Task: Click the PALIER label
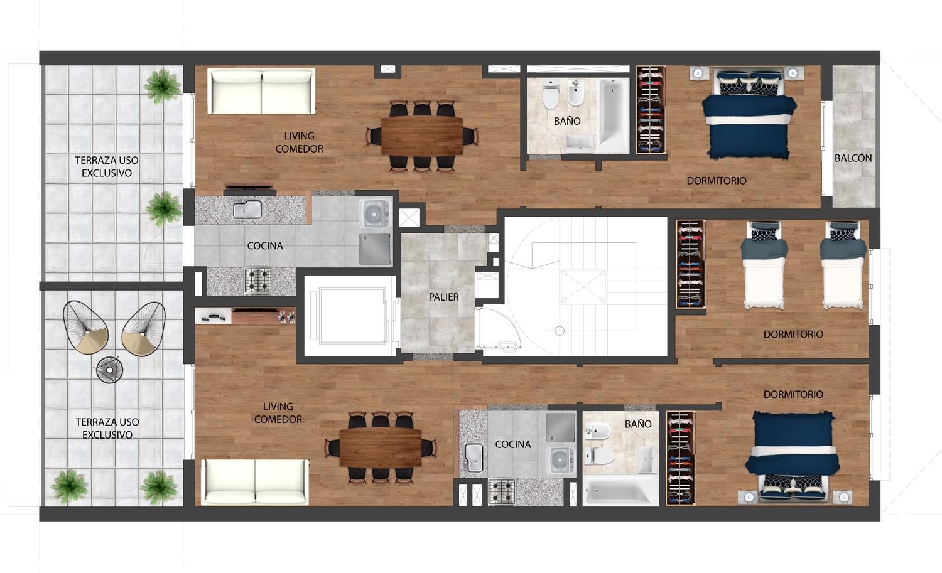click(443, 297)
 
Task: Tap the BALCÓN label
click(853, 158)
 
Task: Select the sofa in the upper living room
click(262, 91)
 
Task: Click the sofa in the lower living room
click(255, 482)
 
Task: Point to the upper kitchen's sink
click(247, 210)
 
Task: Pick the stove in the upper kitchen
click(257, 281)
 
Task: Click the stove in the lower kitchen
click(502, 492)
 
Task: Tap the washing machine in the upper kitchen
click(375, 213)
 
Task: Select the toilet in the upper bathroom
click(551, 95)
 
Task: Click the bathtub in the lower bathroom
click(620, 491)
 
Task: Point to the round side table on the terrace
click(109, 370)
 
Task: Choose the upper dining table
click(422, 136)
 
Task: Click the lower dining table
click(381, 448)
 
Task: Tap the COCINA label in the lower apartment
click(513, 444)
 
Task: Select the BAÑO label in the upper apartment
click(567, 121)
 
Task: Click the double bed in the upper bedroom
click(748, 114)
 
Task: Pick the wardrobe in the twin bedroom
click(691, 264)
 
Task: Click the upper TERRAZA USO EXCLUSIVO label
click(107, 166)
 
